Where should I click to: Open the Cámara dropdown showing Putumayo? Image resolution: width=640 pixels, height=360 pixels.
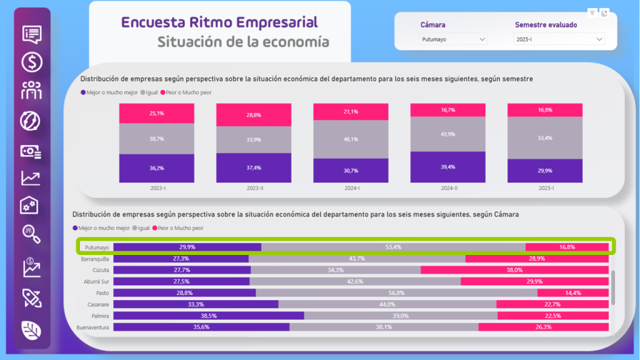click(x=453, y=39)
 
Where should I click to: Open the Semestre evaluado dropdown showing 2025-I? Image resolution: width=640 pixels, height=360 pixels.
click(x=559, y=39)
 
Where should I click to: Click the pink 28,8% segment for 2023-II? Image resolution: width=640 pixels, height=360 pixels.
click(x=254, y=115)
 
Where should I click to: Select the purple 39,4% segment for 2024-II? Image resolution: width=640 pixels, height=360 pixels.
click(x=447, y=167)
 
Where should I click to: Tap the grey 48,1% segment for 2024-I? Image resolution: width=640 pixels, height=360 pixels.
click(x=351, y=139)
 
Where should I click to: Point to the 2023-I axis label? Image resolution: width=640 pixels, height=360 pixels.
click(x=157, y=188)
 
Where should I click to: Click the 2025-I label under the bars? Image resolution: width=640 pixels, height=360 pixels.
click(x=544, y=188)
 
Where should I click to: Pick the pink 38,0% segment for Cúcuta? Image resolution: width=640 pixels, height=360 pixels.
click(x=514, y=270)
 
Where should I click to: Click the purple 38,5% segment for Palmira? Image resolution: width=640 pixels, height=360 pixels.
click(x=208, y=316)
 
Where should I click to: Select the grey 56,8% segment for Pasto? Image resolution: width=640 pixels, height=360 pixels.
click(x=396, y=292)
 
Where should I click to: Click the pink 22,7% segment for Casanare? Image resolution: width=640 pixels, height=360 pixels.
click(x=552, y=304)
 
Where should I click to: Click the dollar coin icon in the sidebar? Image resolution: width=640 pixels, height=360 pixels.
click(x=32, y=62)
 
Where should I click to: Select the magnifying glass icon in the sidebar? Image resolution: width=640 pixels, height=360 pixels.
click(x=31, y=234)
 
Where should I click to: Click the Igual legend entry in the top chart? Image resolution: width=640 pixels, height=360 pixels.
click(x=150, y=92)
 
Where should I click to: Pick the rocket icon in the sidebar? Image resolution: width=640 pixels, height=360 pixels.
click(x=31, y=297)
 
